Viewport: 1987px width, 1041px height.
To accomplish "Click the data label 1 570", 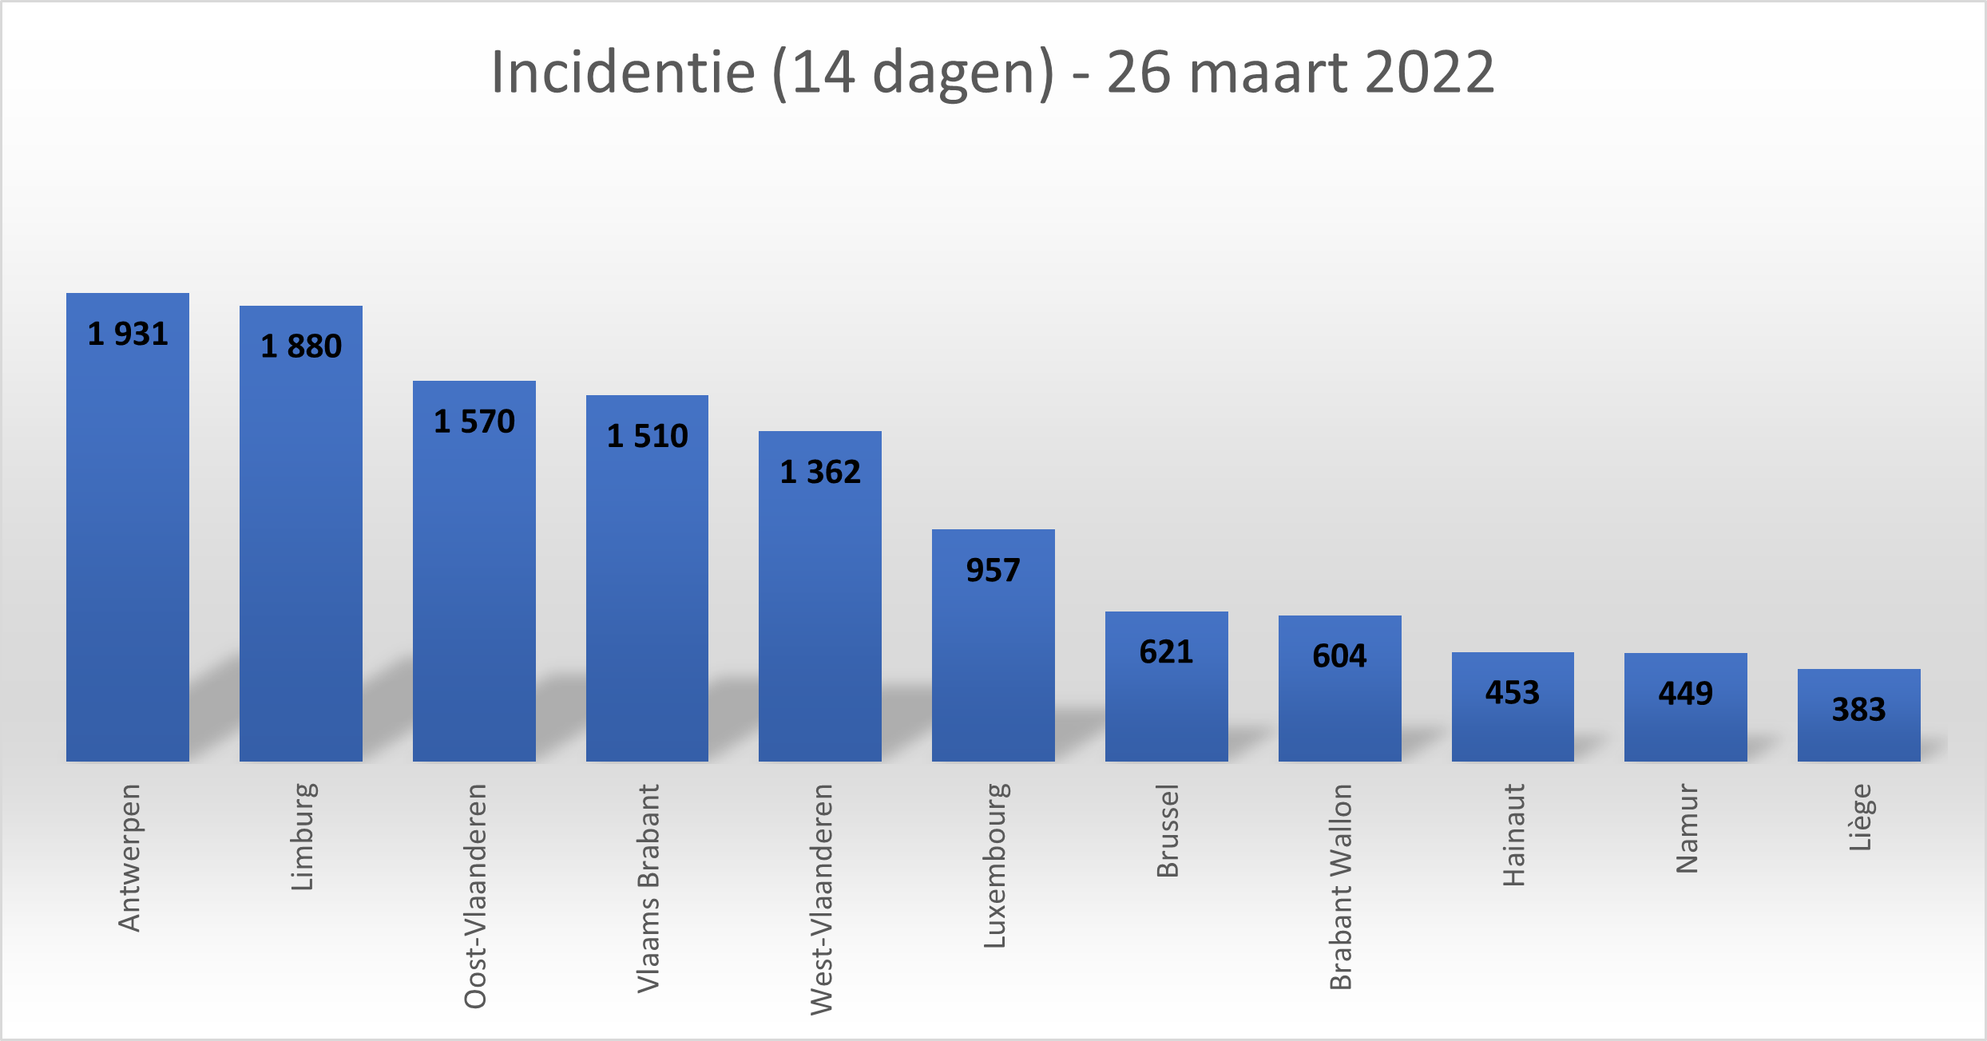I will [x=474, y=422].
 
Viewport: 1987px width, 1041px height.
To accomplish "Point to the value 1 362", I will [x=820, y=472].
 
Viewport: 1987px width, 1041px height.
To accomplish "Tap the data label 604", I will [x=1339, y=655].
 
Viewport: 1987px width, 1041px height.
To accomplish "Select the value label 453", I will [x=1513, y=692].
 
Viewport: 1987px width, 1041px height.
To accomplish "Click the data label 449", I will [x=1686, y=693].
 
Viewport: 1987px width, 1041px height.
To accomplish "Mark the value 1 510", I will [x=647, y=436].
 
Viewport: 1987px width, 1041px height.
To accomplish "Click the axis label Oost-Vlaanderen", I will [x=475, y=896].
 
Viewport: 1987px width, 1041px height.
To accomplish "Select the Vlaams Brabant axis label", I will [x=648, y=888].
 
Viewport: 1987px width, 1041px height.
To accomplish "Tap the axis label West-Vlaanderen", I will [x=821, y=899].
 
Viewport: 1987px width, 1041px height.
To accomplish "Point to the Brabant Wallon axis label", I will [x=1341, y=886].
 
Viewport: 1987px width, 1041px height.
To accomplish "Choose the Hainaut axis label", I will [x=1513, y=835].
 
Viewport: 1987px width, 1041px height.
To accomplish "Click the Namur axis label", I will [x=1687, y=829].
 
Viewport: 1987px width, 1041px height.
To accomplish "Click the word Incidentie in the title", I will [x=623, y=72].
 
